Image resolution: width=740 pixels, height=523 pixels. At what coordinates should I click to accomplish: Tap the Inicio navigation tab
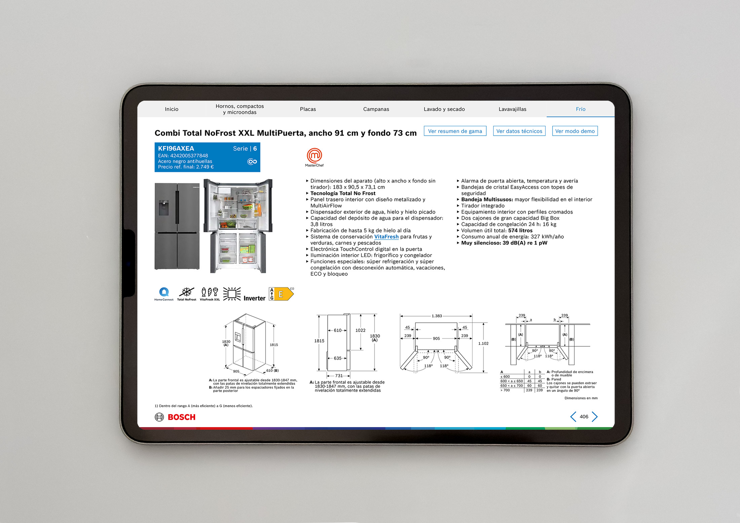[x=172, y=109]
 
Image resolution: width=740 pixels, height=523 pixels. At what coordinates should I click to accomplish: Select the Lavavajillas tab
[x=512, y=109]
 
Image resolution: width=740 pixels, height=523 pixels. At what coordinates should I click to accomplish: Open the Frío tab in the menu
[x=581, y=109]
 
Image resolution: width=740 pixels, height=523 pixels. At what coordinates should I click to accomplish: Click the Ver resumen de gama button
[x=455, y=131]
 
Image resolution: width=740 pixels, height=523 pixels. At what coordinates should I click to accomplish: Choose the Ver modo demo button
[x=575, y=131]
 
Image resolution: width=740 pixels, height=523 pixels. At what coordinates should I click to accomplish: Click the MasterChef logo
[x=314, y=157]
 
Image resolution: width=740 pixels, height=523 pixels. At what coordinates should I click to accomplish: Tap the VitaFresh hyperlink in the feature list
[x=386, y=237]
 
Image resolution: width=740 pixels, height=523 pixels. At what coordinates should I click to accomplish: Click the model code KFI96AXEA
[x=176, y=148]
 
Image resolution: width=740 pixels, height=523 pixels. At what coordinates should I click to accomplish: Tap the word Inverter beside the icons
[x=254, y=298]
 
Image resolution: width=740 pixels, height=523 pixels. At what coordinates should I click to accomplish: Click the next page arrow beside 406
[x=595, y=417]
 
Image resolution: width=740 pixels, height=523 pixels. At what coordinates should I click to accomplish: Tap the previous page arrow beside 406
[x=573, y=417]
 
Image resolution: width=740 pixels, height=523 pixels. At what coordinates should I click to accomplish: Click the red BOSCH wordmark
[x=182, y=417]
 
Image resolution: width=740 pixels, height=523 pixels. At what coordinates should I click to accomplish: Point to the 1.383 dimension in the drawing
[x=437, y=316]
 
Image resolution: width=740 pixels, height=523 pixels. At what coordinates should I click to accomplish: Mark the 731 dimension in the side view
[x=339, y=376]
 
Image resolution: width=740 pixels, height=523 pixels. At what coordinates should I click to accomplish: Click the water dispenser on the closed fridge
[x=163, y=208]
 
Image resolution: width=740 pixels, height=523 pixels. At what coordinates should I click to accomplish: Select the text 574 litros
[x=520, y=231]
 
